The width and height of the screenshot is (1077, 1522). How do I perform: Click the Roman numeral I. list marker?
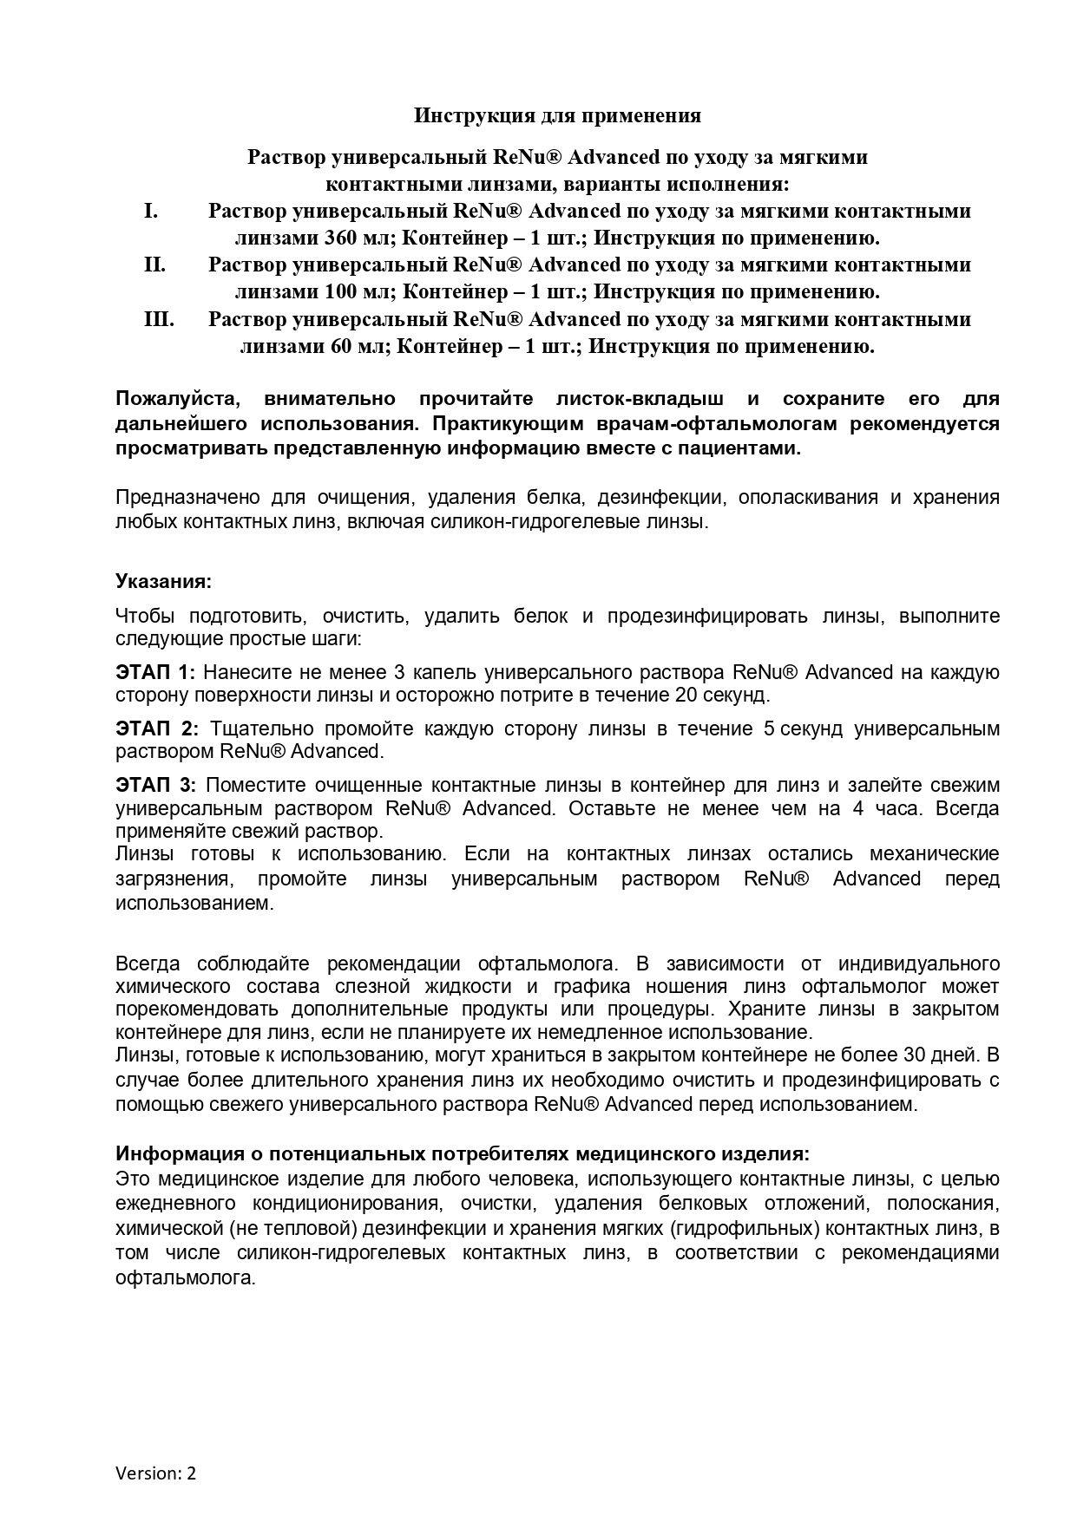coord(151,211)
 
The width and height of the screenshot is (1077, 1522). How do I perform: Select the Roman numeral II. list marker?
coord(154,265)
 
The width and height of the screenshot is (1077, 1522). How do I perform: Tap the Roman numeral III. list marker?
coord(159,319)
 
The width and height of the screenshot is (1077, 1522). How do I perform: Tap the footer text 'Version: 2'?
coord(156,1473)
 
